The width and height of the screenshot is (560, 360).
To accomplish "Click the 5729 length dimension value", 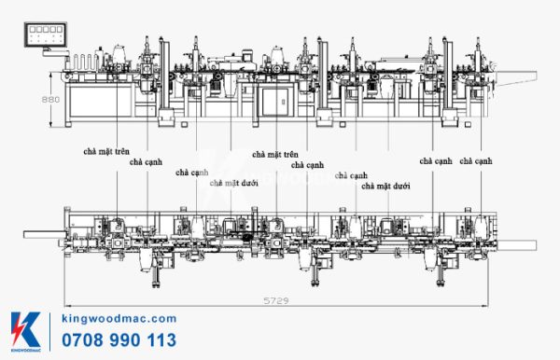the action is (276, 301).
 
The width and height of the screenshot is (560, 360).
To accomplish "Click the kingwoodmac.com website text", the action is (118, 319).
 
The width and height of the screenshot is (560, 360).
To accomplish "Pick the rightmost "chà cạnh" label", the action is (477, 161).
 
